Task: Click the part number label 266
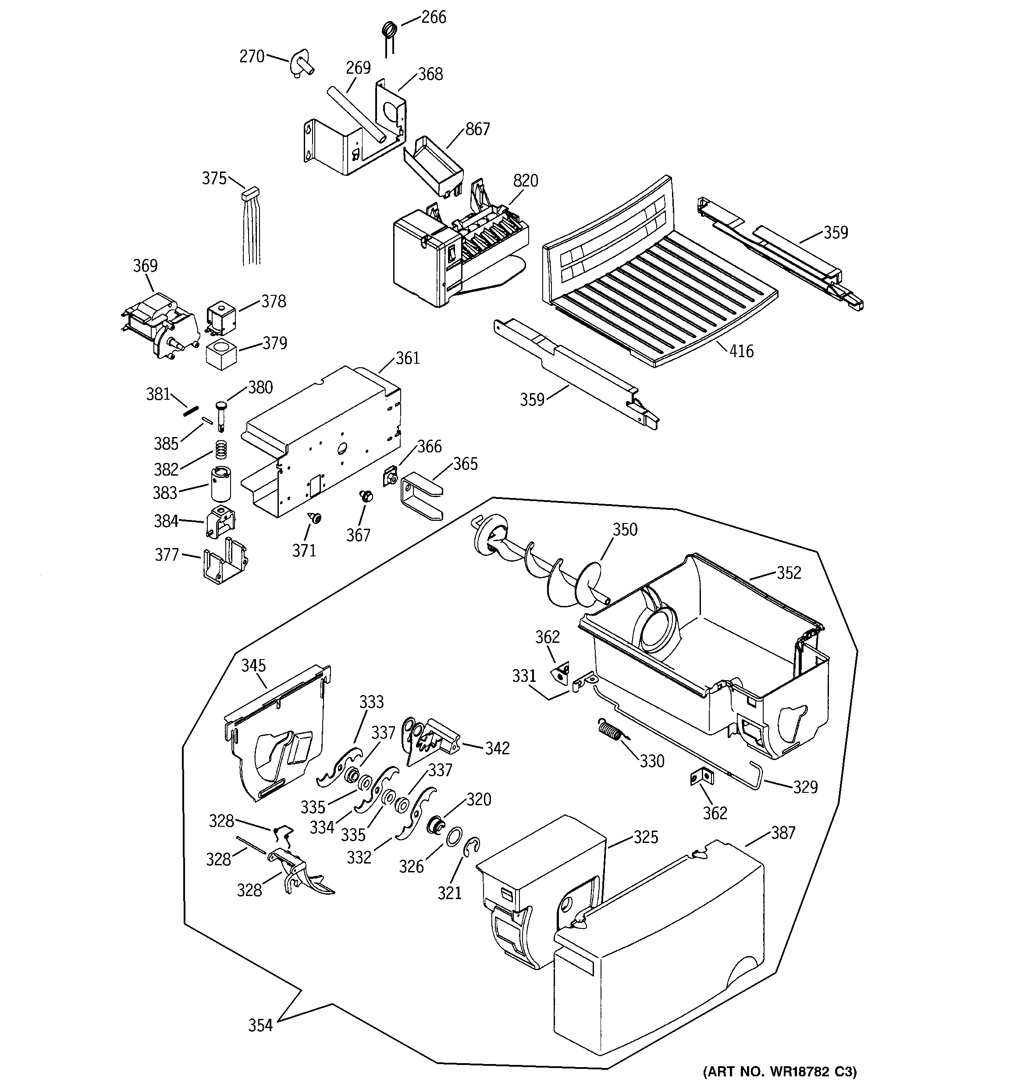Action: [x=434, y=18]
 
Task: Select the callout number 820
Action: [x=525, y=181]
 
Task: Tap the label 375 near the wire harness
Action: [x=214, y=179]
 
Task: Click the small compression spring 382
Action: [x=220, y=450]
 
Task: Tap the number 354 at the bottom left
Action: [x=260, y=1026]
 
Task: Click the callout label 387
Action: [x=783, y=833]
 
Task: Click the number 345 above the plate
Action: [x=253, y=665]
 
